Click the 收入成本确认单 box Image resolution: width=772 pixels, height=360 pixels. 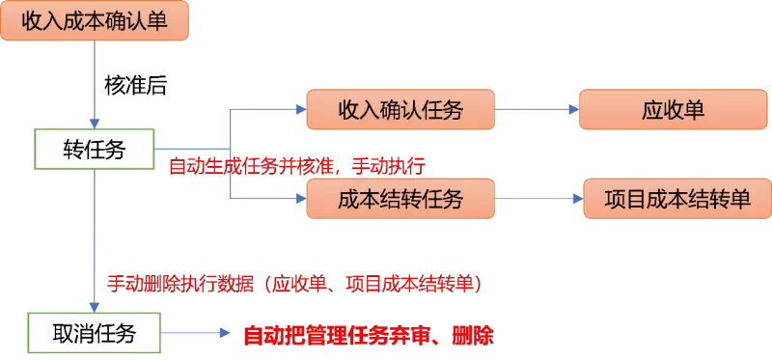coord(95,20)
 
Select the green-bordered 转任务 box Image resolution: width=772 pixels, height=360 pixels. coord(95,150)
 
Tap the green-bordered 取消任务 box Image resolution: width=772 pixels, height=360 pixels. coord(95,333)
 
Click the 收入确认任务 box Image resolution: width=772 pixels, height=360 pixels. coord(400,109)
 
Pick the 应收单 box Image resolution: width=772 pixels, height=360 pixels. coord(673,109)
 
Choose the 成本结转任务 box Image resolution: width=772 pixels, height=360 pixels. coord(400,199)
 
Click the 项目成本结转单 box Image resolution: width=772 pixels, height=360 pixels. coord(677,199)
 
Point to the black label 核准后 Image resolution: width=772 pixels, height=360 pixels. coord(136,86)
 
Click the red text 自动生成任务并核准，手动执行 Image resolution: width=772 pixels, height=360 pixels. coord(297,167)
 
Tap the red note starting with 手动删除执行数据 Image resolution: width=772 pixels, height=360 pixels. coord(294,284)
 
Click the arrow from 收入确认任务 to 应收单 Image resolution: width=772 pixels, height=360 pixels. coord(537,109)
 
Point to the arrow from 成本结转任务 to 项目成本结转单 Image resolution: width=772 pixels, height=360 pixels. coord(539,199)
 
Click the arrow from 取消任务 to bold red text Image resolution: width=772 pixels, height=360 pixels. coord(196,333)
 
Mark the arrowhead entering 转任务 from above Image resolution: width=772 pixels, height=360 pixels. coord(95,124)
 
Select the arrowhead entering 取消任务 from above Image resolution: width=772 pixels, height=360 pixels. coord(95,307)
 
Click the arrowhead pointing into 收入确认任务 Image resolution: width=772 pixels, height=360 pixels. coord(301,109)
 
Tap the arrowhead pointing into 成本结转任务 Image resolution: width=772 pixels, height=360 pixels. coord(301,199)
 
